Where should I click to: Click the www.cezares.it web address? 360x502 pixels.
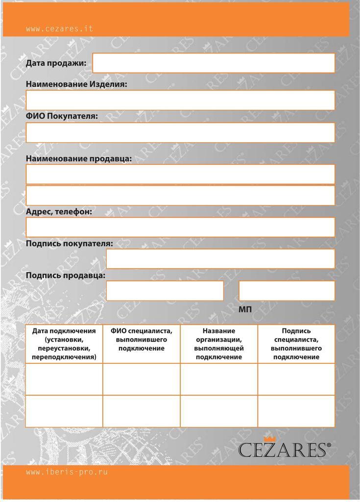[x=59, y=29]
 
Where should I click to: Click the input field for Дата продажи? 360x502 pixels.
[x=214, y=63]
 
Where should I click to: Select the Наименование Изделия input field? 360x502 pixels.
[x=180, y=100]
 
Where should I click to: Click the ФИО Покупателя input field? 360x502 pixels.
[x=180, y=132]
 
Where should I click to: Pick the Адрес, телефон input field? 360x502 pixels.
[x=180, y=227]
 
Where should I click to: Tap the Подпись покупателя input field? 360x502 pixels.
[x=220, y=259]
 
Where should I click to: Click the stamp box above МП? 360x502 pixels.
[x=287, y=291]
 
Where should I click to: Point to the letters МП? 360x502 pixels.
[x=245, y=310]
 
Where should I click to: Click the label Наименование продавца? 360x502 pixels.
[x=78, y=159]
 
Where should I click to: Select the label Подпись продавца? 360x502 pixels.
[x=66, y=276]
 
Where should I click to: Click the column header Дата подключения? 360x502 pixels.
[x=64, y=344]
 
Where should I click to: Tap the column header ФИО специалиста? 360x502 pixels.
[x=141, y=339]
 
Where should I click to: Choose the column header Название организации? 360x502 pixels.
[x=219, y=344]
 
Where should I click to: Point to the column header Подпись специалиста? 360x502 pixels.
[x=296, y=344]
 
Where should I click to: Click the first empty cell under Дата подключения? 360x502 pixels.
[x=64, y=379]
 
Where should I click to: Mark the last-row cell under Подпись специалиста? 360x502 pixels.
[x=296, y=411]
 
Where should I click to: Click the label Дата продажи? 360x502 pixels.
[x=56, y=63]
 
